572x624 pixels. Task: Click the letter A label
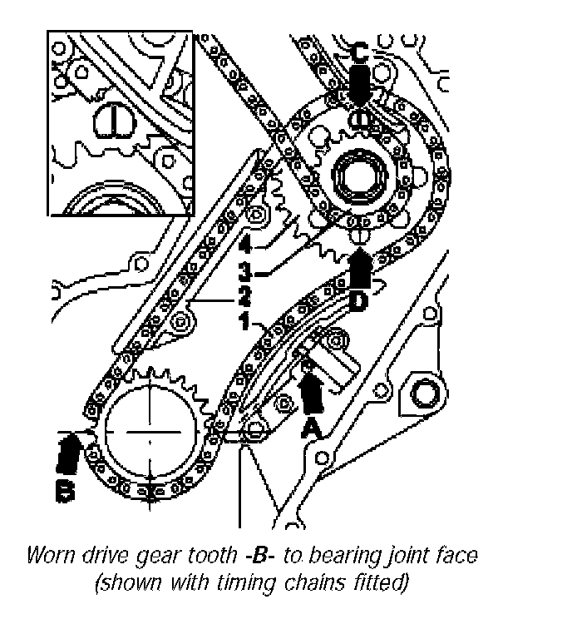click(x=308, y=428)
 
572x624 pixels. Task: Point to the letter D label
click(x=358, y=302)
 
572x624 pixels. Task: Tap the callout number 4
click(x=244, y=247)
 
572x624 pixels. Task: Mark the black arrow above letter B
click(x=67, y=453)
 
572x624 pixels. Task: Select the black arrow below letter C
click(x=358, y=87)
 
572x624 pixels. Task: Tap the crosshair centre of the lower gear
click(x=150, y=433)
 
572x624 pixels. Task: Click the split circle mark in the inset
click(x=107, y=121)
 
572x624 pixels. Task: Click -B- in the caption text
click(x=252, y=555)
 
